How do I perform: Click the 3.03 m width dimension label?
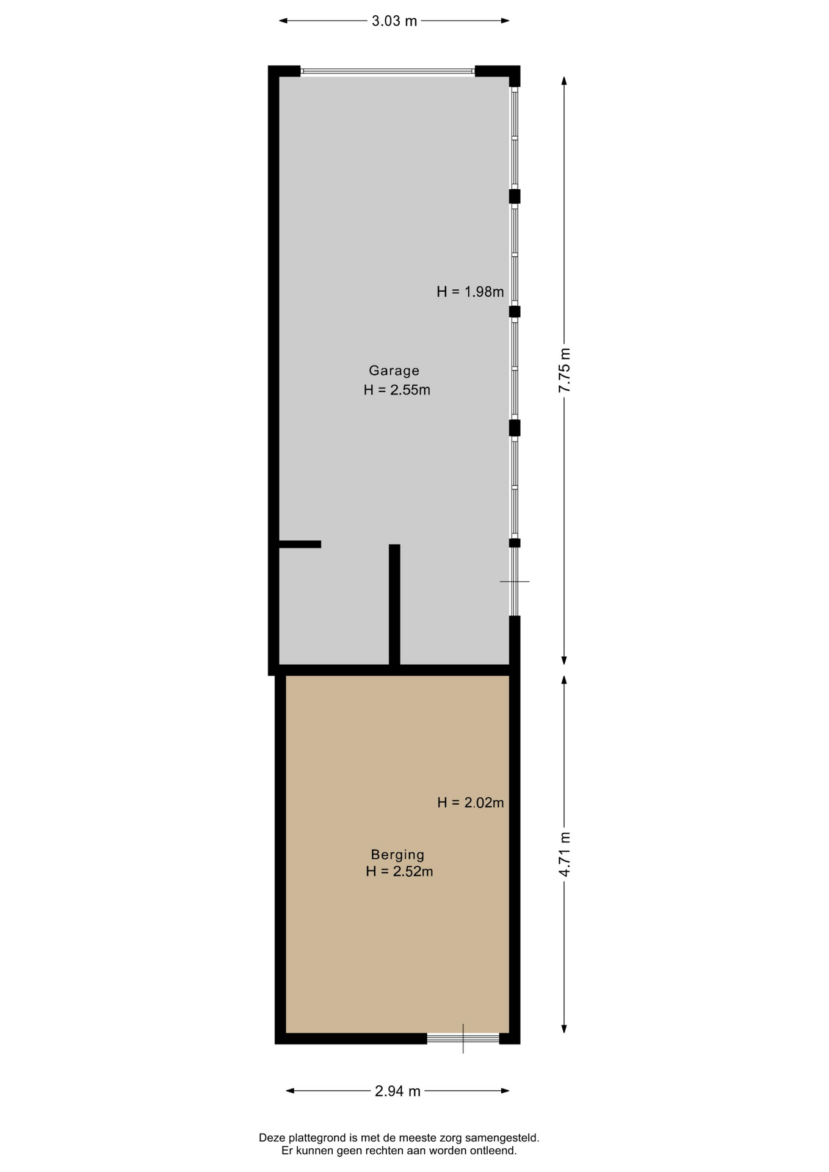point(394,21)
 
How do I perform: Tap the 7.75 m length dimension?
point(565,370)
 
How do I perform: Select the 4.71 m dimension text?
point(565,854)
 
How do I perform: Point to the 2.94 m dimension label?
point(397,1091)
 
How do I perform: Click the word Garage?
point(394,371)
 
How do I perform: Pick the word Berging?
point(397,855)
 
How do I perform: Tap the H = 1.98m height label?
point(470,292)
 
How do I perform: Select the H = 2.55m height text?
point(397,390)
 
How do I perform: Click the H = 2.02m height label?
point(471,803)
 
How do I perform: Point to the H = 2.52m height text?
point(399,872)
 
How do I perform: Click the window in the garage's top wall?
point(388,71)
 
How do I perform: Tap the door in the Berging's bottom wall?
point(463,1038)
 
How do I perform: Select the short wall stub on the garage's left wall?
point(300,544)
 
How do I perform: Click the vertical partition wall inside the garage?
point(394,604)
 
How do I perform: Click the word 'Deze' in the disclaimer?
point(272,1138)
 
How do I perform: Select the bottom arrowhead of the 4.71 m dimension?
point(564,1029)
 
